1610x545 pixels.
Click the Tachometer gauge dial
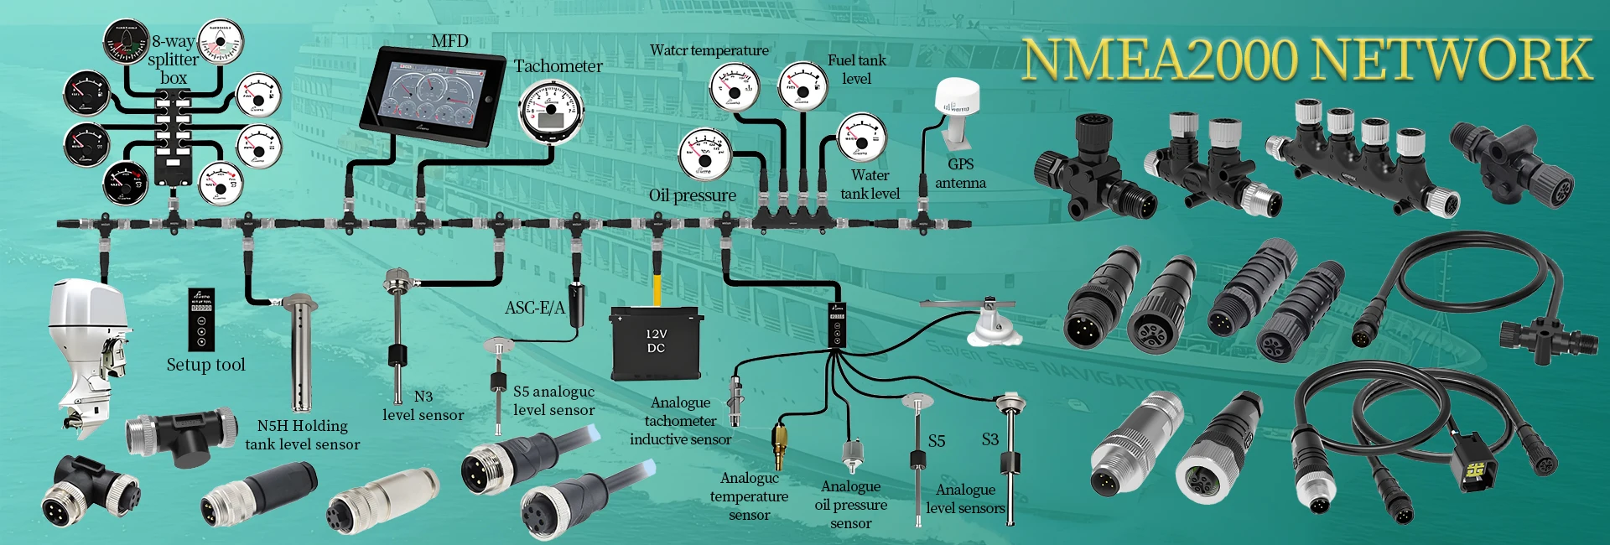(x=551, y=112)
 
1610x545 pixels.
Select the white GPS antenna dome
(x=957, y=97)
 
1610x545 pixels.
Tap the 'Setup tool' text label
(x=205, y=365)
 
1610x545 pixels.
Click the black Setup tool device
(x=201, y=319)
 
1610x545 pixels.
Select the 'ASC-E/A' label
(x=534, y=308)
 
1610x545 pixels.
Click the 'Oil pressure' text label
(x=692, y=195)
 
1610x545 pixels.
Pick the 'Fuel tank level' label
(x=856, y=69)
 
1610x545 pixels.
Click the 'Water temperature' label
(x=709, y=50)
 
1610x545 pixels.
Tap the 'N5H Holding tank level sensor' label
(x=303, y=435)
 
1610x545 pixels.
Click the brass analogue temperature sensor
(x=780, y=444)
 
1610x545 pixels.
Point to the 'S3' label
(x=990, y=439)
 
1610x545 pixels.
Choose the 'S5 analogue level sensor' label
(x=553, y=401)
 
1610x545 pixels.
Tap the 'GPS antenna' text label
(x=960, y=174)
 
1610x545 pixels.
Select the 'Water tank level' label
(x=870, y=184)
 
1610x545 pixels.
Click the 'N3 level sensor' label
(x=423, y=406)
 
